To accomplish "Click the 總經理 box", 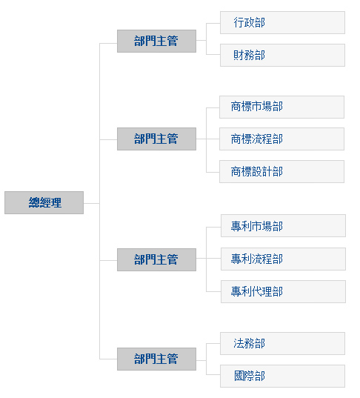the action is point(44,202).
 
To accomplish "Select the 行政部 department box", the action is point(282,22).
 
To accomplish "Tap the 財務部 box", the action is point(282,55).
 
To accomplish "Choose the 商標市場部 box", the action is point(281,107).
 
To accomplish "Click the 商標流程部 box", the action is point(281,139).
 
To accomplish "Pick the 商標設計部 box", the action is point(281,171).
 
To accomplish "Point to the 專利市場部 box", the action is point(283,225).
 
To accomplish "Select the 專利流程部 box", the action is point(283,259).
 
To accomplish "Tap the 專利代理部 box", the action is point(283,291).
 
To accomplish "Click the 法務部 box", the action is point(282,343).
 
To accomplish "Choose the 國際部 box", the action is point(282,376).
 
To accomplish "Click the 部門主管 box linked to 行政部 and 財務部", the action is point(156,41).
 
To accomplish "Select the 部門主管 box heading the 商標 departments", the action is point(156,139).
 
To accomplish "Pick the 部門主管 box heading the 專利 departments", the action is point(156,259).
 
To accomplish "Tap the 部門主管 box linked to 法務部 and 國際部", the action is point(156,359).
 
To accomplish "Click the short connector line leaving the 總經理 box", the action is point(91,203).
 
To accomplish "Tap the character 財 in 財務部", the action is point(239,55).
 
